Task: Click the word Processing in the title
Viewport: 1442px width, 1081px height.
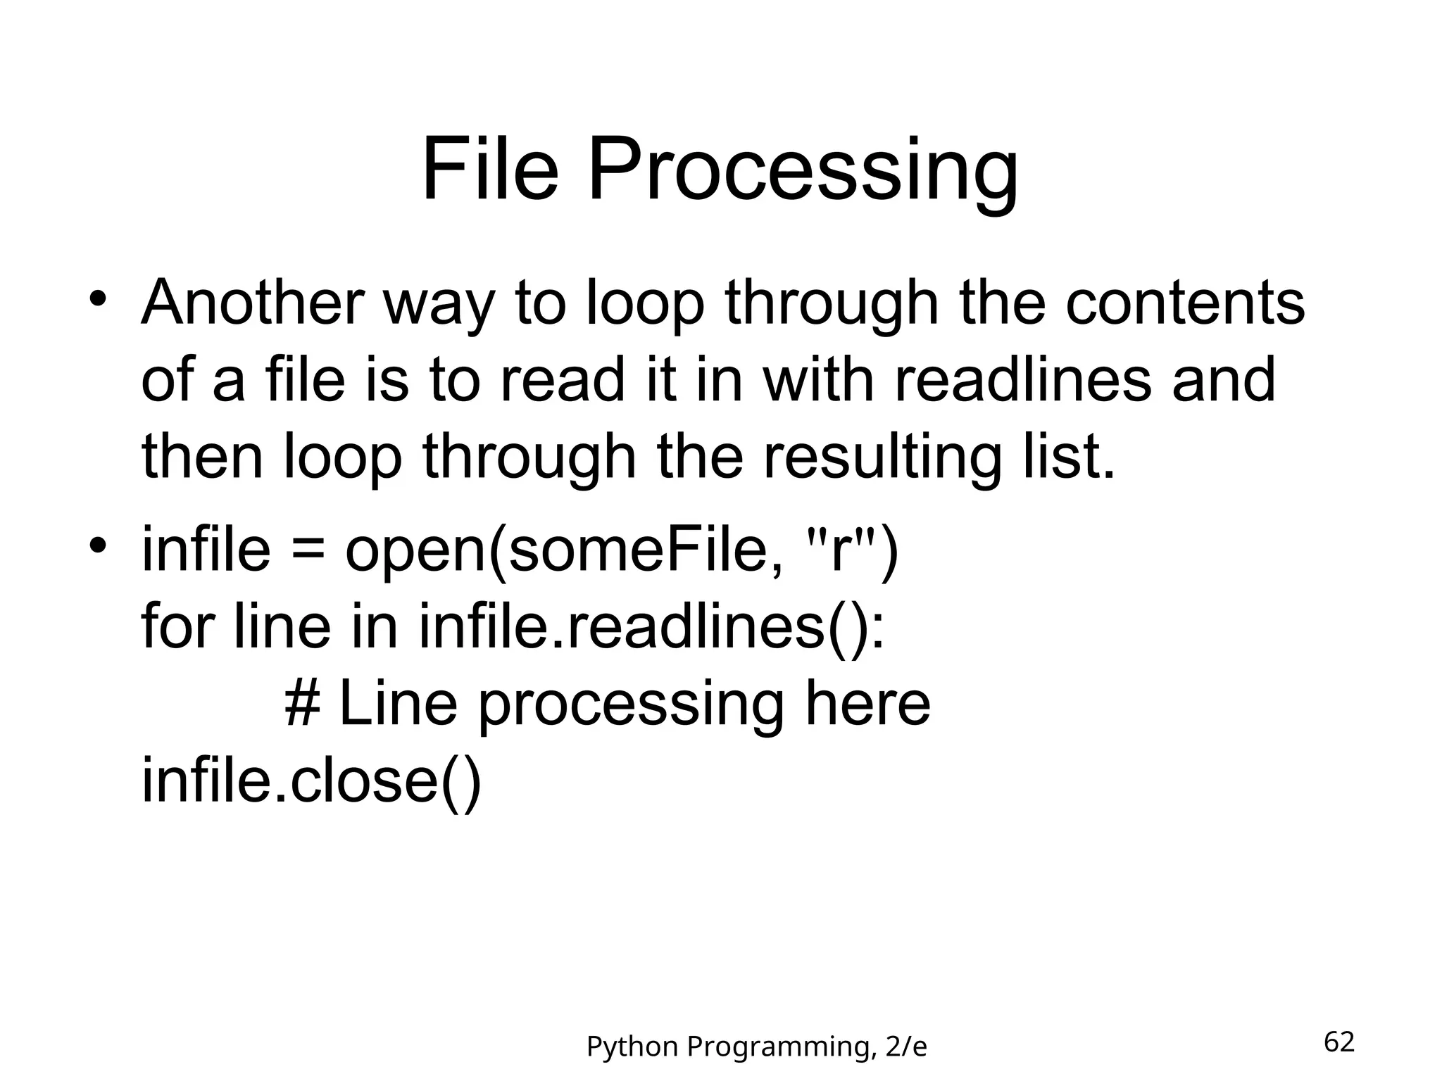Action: coord(802,173)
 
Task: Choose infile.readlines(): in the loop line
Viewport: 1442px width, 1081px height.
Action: coord(651,628)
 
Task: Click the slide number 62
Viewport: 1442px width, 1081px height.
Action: coord(1339,1042)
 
